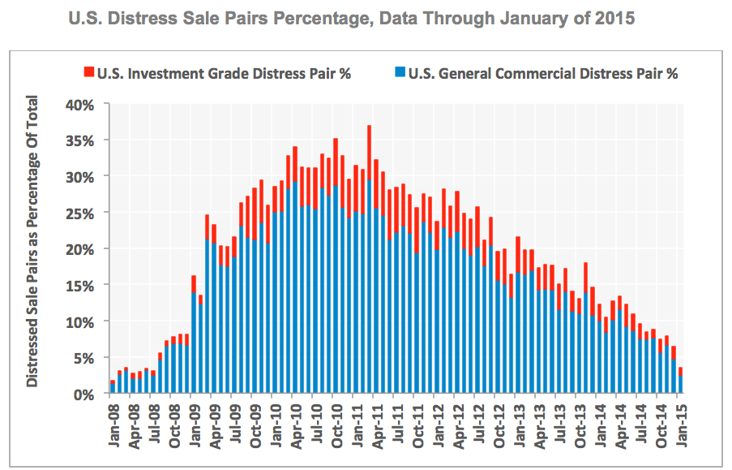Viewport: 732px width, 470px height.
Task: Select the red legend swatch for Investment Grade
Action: [88, 73]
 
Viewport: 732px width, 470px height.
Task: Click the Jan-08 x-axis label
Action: [113, 422]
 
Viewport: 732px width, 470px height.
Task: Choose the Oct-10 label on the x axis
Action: [336, 422]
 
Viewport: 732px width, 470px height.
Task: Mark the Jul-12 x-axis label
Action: [479, 422]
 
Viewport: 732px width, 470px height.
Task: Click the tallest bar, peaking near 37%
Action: [370, 260]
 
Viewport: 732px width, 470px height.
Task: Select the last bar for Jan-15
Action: [680, 382]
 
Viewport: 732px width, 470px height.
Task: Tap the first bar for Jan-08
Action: [112, 387]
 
